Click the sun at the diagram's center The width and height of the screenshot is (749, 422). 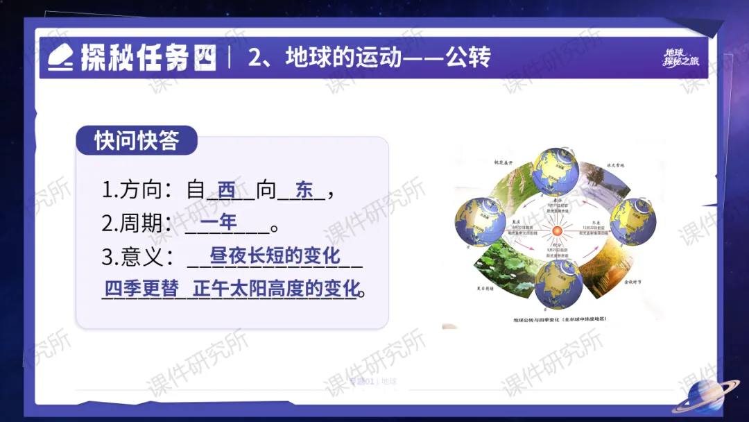coord(556,230)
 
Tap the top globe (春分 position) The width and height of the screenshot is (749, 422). coord(554,170)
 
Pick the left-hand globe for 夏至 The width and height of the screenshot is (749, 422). coord(476,220)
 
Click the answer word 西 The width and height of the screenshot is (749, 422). coord(227,189)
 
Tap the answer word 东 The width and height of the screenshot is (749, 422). coord(304,189)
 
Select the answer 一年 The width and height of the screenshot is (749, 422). coord(218,222)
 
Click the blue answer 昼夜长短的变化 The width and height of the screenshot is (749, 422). coord(275,255)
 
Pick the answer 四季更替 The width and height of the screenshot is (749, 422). coord(141,289)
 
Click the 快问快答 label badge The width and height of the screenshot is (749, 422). coord(137,140)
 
